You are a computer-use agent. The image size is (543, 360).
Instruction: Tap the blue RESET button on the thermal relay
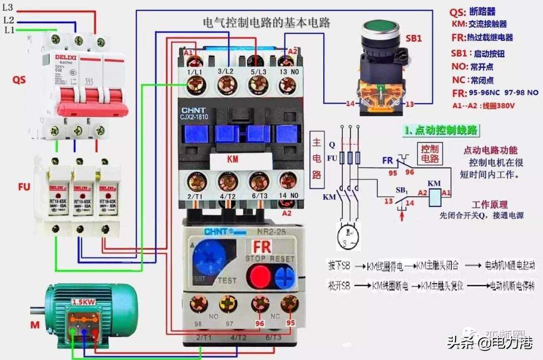pos(285,276)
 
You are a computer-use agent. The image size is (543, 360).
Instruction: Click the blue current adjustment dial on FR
pos(208,259)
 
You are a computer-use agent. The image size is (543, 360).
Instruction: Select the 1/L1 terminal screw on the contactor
pos(193,87)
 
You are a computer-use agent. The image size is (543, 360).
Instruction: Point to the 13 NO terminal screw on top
pos(287,87)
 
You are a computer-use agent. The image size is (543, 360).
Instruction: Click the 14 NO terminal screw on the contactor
pos(287,181)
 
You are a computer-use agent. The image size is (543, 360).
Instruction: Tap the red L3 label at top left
pos(8,8)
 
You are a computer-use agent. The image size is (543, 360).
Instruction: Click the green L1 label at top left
pos(9,31)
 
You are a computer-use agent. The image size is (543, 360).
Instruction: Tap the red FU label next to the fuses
pos(23,187)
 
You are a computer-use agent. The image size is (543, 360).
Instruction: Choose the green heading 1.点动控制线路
pos(441,130)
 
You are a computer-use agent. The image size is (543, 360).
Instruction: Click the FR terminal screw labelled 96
pos(260,303)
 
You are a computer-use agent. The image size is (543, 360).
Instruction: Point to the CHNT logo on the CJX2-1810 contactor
pos(194,111)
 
